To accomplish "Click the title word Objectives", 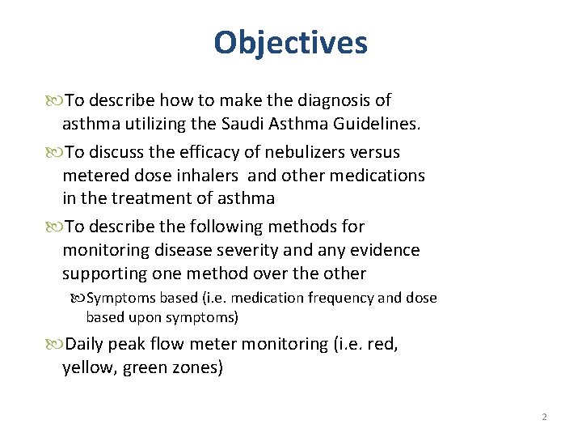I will [x=290, y=42].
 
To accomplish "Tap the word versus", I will [x=376, y=152].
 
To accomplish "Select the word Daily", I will [x=86, y=344].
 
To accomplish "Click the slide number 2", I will [x=544, y=417].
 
